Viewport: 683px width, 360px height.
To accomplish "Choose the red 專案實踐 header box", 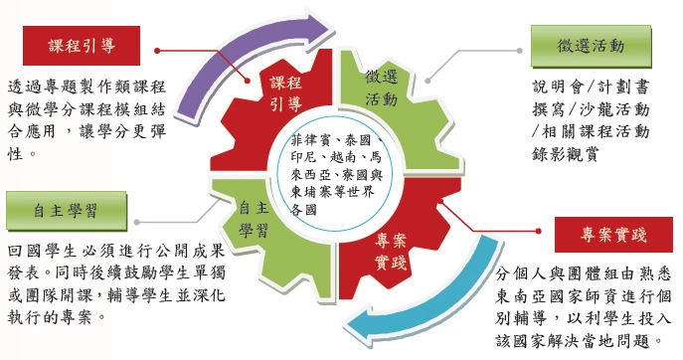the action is (x=613, y=236).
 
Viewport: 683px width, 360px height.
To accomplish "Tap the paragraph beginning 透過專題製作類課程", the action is (x=75, y=119).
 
